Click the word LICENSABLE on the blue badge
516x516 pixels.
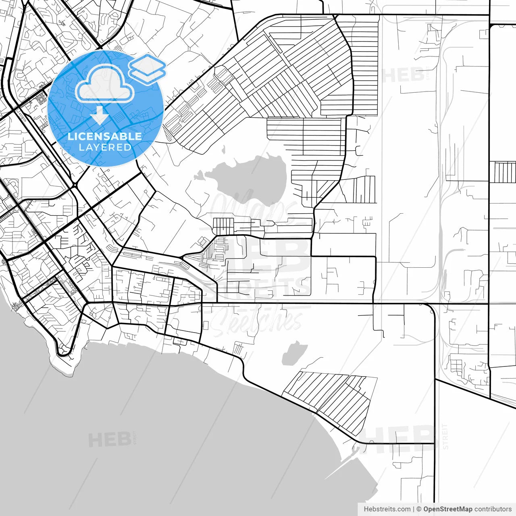pyautogui.click(x=105, y=136)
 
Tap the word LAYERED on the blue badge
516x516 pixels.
pyautogui.click(x=105, y=148)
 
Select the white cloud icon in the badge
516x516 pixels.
pyautogui.click(x=105, y=84)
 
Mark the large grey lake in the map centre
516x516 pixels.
pyautogui.click(x=250, y=177)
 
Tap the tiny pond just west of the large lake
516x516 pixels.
pyautogui.click(x=199, y=176)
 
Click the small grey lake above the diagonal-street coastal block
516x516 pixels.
pyautogui.click(x=293, y=353)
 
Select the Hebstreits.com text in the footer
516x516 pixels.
pyautogui.click(x=387, y=509)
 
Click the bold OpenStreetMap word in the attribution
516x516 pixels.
pyautogui.click(x=448, y=509)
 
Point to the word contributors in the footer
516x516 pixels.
pyautogui.click(x=493, y=509)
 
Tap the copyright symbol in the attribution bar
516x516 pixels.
pyautogui.click(x=419, y=509)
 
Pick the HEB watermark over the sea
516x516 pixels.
pyautogui.click(x=110, y=439)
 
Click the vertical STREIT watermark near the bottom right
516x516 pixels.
pyautogui.click(x=445, y=436)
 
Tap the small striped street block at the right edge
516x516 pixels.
pyautogui.click(x=502, y=172)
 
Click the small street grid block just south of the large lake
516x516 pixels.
pyautogui.click(x=223, y=226)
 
